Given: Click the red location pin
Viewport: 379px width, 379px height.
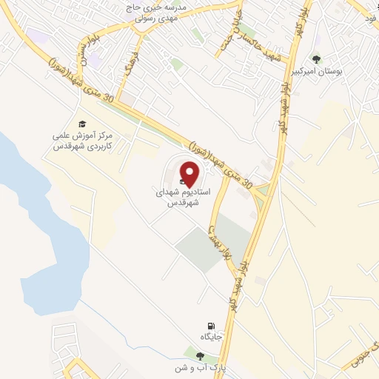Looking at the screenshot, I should (191, 174).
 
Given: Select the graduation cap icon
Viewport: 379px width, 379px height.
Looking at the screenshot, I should (81, 124).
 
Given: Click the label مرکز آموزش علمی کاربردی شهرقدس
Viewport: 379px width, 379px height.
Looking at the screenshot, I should (81, 141).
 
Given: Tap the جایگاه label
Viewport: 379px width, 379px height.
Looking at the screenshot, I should (211, 338).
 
